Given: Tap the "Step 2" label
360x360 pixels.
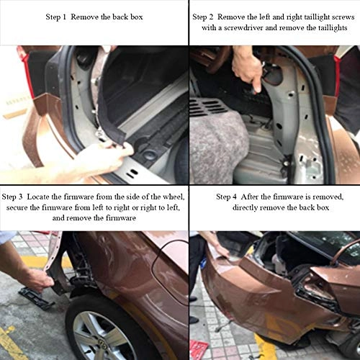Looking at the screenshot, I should point(206,15).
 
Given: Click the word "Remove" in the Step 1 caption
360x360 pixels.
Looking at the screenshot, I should point(92,16).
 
